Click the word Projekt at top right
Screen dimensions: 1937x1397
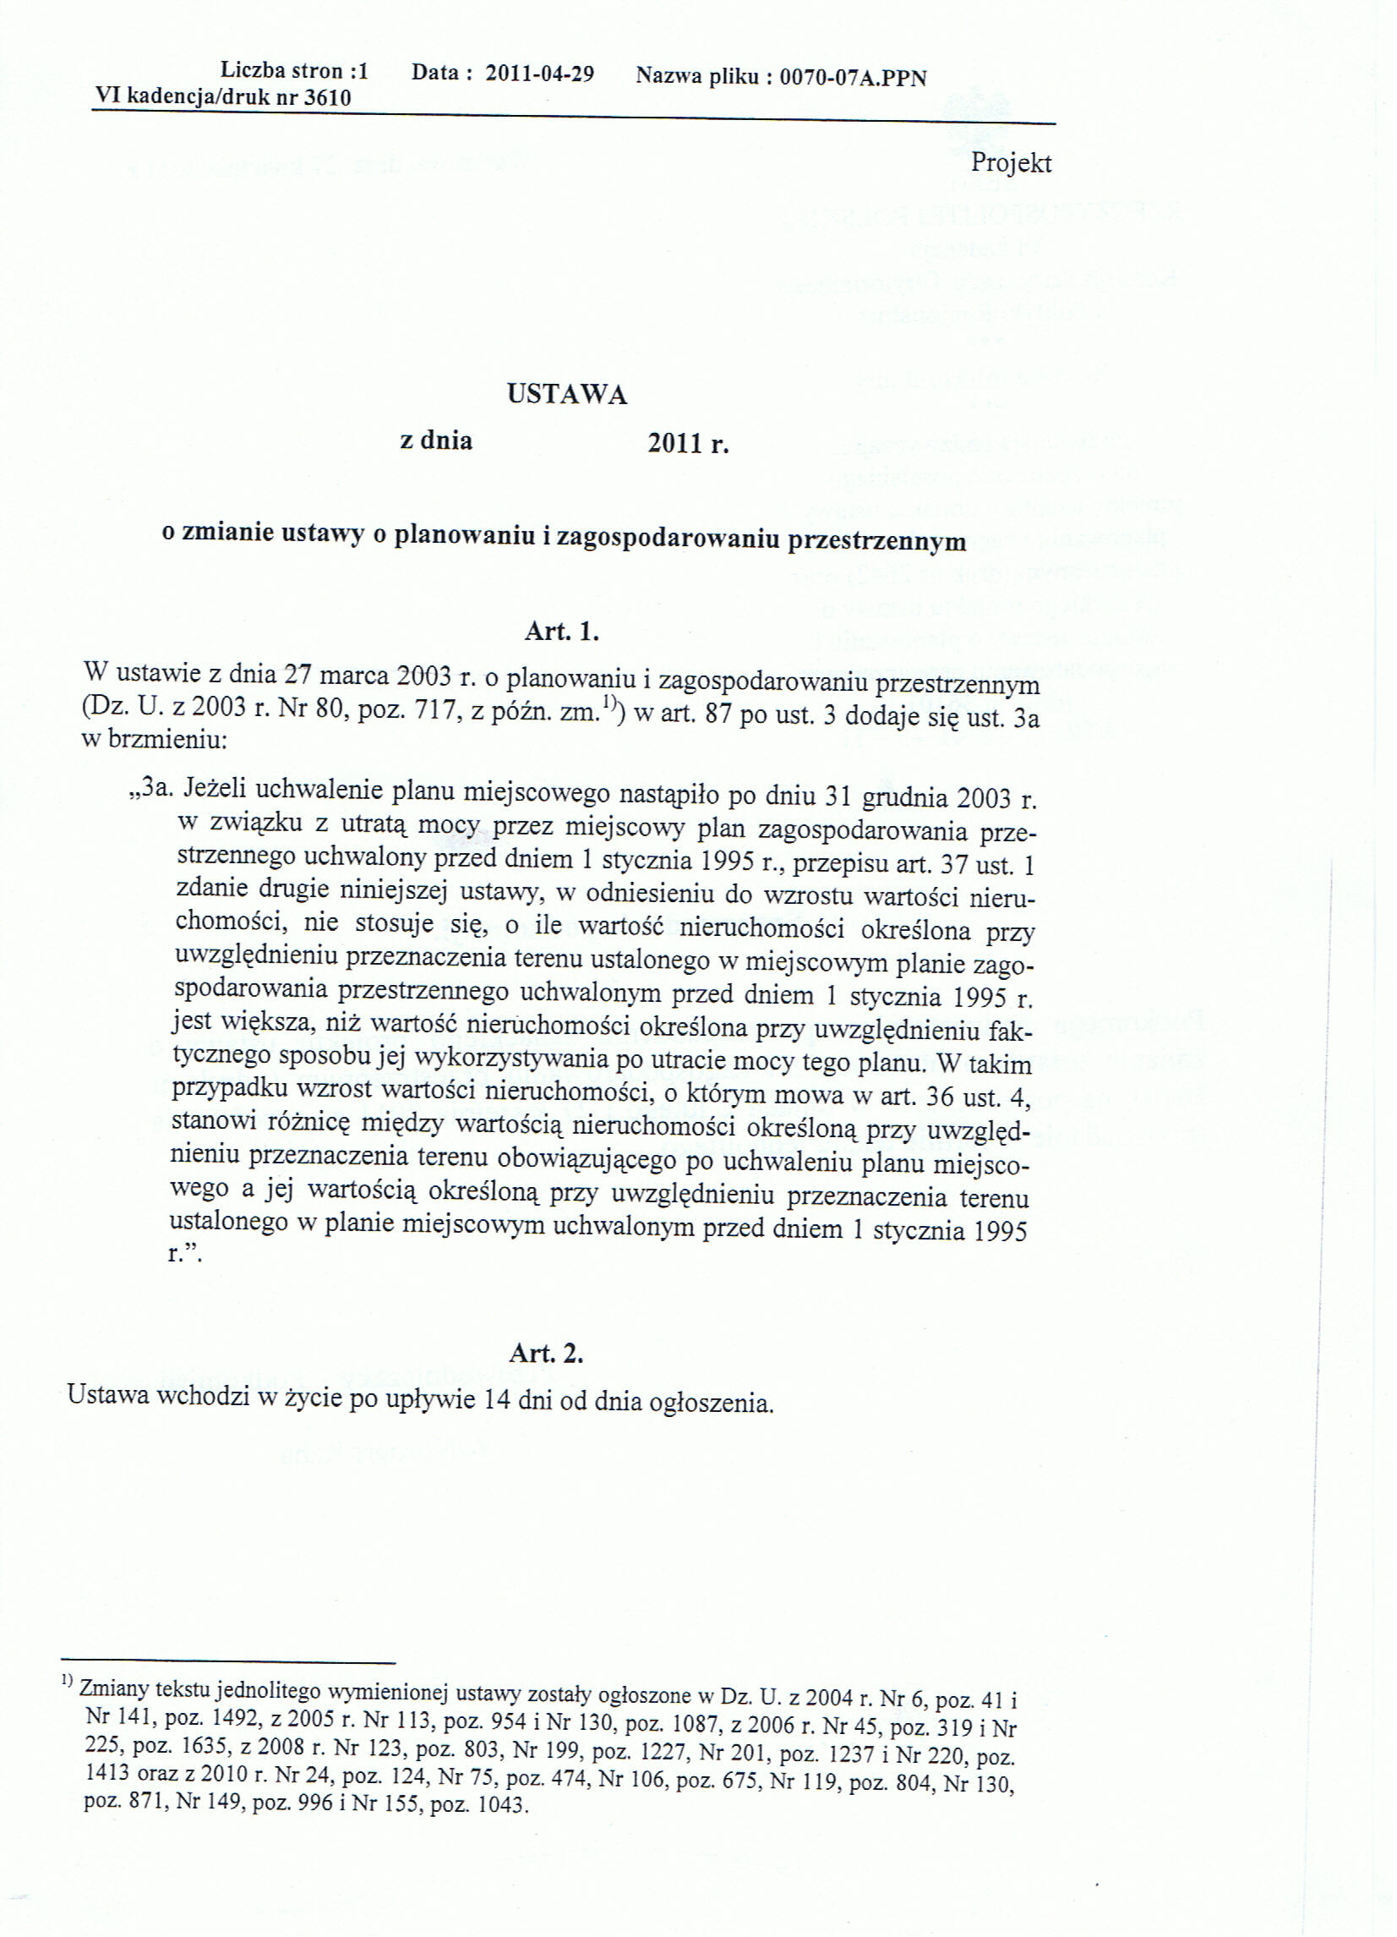coord(1011,163)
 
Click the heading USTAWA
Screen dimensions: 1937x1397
coord(567,394)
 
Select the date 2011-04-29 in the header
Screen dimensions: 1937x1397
coord(540,74)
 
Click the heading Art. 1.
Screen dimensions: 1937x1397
coord(561,632)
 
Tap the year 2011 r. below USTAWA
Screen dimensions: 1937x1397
coord(688,444)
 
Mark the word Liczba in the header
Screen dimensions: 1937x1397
coord(252,71)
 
